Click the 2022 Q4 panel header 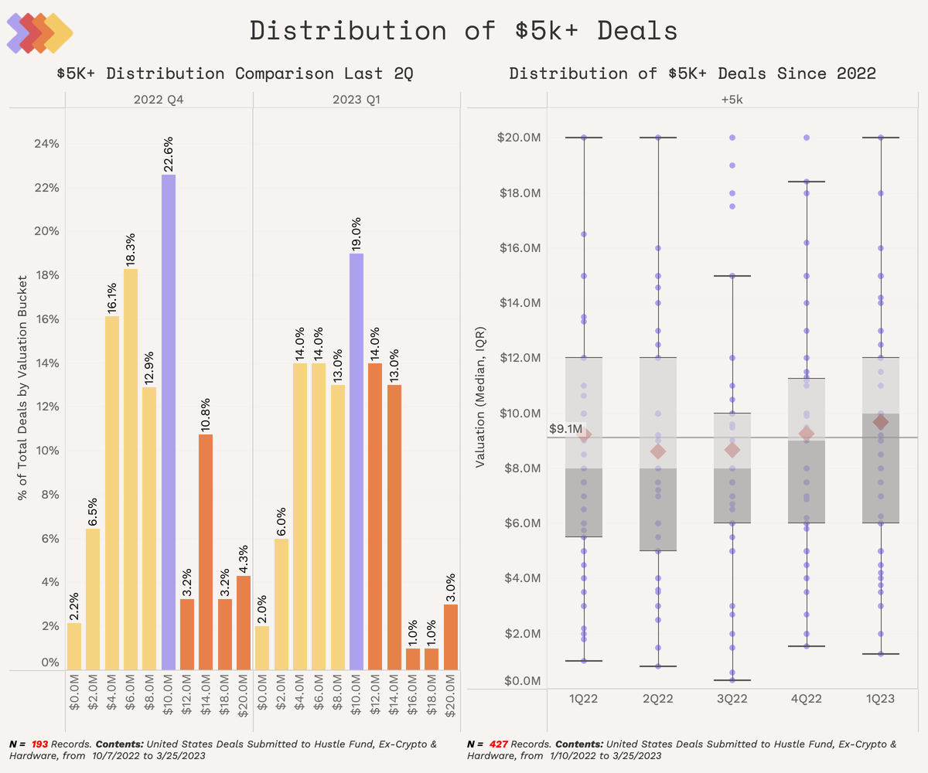(159, 100)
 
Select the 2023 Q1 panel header (357, 100)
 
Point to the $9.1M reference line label (565, 428)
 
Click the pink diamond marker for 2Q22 (658, 451)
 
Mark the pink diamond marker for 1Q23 (880, 422)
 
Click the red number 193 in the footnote (40, 744)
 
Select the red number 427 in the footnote (500, 744)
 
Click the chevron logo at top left (39, 33)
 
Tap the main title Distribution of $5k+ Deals (464, 31)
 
